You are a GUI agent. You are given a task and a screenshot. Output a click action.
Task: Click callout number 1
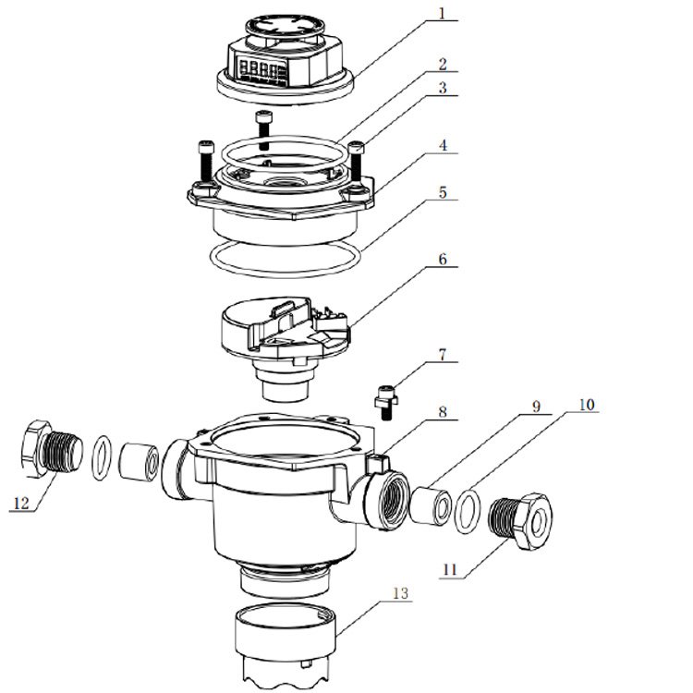442,13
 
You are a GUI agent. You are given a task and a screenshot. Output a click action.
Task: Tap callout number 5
443,192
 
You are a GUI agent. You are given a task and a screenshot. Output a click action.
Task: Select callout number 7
442,355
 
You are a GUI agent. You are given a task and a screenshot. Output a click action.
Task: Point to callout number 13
400,593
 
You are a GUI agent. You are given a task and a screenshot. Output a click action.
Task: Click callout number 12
20,503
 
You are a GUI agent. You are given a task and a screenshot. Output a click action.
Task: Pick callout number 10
587,405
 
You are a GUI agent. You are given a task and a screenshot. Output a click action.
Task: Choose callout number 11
449,569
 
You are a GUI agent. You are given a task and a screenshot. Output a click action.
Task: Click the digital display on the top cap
260,70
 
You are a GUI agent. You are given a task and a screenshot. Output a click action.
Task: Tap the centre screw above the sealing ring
264,130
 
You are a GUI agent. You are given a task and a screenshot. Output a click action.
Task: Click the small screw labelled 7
386,402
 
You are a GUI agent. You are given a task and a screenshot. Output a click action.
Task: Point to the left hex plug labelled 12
51,448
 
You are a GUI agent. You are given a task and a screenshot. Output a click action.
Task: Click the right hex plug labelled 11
521,521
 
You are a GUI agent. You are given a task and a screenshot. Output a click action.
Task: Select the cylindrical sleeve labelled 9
431,505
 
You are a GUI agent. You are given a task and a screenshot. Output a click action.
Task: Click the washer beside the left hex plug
102,458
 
